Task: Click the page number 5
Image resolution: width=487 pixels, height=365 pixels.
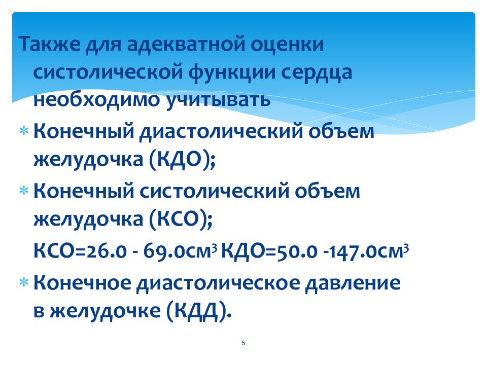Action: (x=243, y=344)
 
